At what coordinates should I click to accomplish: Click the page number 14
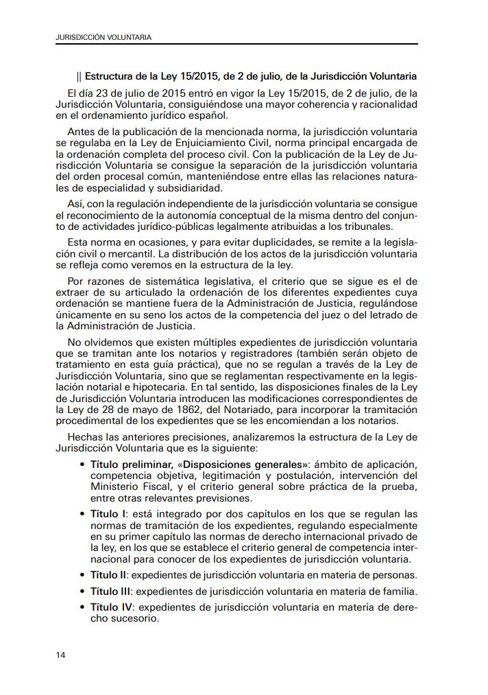coord(60,655)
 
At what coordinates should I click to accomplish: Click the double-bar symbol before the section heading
coord(80,75)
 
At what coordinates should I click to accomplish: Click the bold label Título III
coord(110,591)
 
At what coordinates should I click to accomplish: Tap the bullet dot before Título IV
coord(83,607)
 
